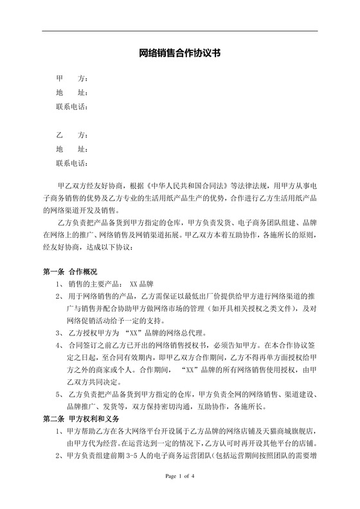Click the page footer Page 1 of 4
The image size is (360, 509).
click(179, 494)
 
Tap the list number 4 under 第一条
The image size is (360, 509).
click(59, 345)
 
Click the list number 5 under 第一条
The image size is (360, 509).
click(59, 394)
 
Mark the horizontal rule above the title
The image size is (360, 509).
click(180, 31)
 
